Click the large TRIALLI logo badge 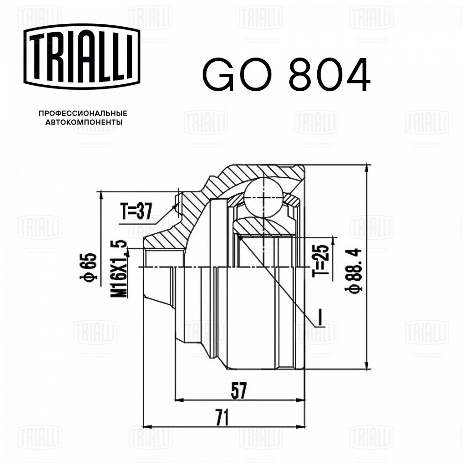click(x=82, y=57)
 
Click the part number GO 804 click(x=286, y=75)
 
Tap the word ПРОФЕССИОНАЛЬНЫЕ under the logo click(x=83, y=113)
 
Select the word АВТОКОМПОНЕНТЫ click(x=83, y=122)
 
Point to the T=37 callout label click(x=136, y=211)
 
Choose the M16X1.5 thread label click(x=118, y=269)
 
